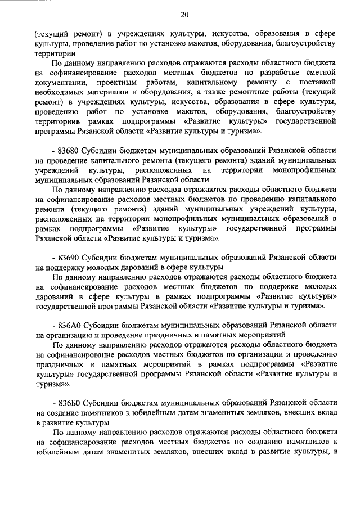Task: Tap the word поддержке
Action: click(x=264, y=286)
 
